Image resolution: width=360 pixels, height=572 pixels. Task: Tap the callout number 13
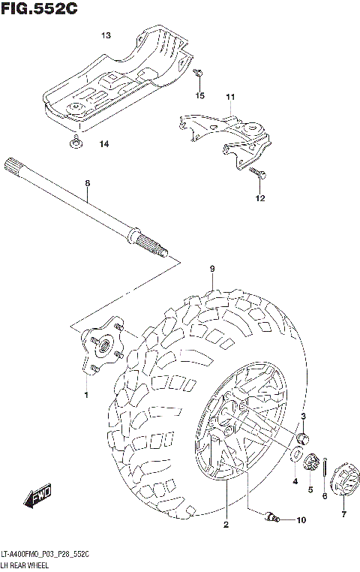106,35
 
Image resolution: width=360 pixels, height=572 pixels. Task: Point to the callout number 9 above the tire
212,268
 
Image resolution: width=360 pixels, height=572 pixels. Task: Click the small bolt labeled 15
198,74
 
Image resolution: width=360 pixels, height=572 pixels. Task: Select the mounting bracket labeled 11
229,135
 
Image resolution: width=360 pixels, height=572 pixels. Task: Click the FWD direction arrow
37,496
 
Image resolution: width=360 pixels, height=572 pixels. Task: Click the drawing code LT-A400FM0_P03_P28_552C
46,553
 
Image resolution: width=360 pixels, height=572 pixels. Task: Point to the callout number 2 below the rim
225,525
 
